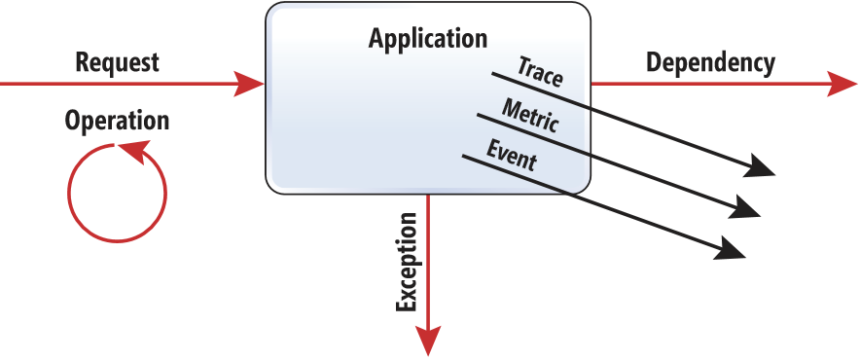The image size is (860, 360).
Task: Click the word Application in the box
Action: pos(428,40)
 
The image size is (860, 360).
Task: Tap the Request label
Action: pos(117,62)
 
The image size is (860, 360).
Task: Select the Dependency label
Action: pos(710,62)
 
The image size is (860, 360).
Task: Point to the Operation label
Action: pos(117,121)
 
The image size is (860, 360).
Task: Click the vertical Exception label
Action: pos(407,261)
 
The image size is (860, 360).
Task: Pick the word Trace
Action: pos(540,72)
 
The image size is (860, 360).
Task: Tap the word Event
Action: pos(511,156)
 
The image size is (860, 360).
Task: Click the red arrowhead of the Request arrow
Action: pos(250,83)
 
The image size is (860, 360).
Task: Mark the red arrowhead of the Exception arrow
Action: pos(428,340)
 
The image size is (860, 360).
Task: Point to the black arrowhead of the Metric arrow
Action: pos(747,208)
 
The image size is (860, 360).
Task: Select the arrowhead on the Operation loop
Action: pos(131,150)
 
